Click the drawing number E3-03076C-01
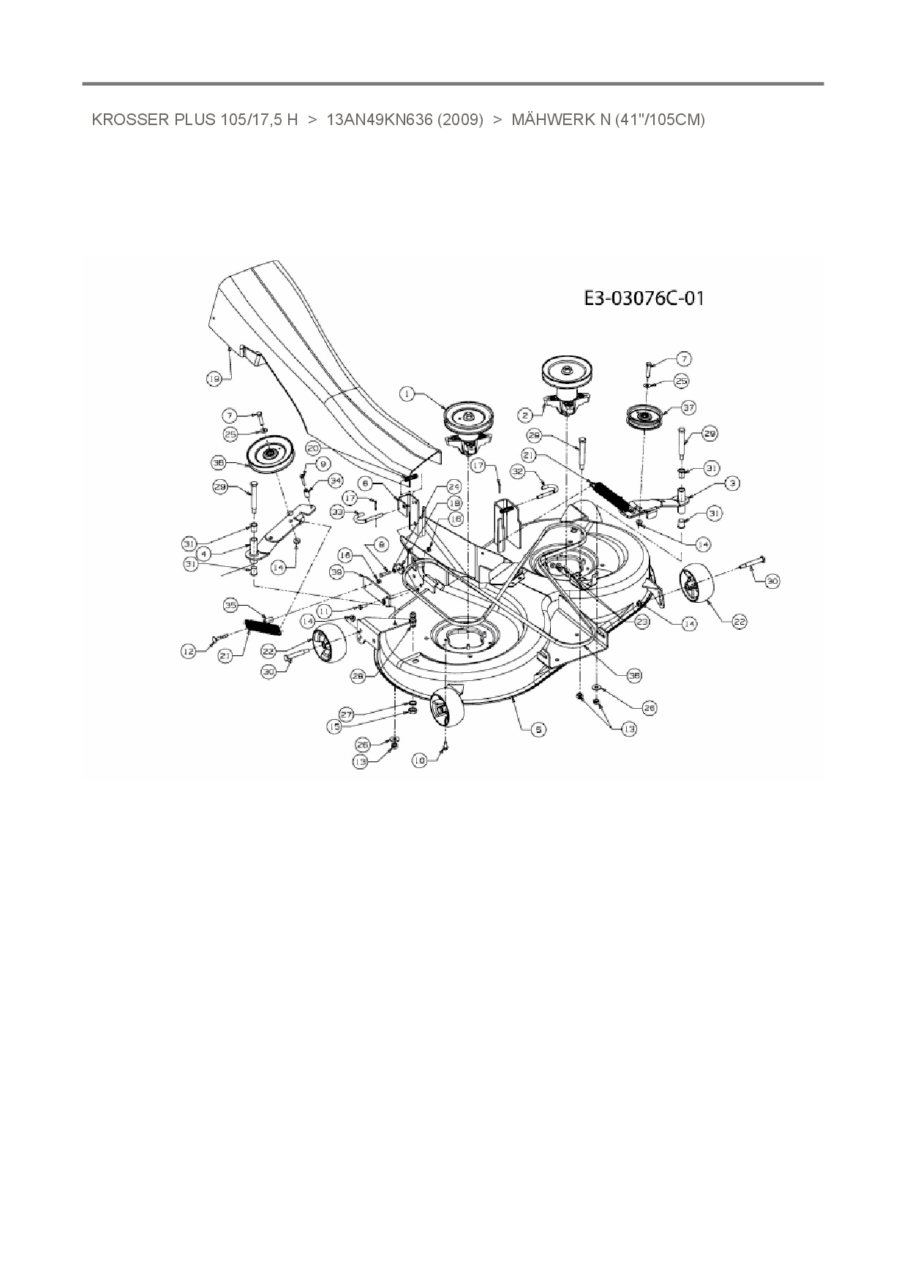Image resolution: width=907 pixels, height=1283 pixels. pyautogui.click(x=644, y=298)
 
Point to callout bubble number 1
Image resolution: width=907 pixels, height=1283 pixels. pyautogui.click(x=407, y=394)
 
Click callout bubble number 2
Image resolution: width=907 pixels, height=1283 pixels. pyautogui.click(x=524, y=415)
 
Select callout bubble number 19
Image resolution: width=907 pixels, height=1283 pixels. pyautogui.click(x=214, y=379)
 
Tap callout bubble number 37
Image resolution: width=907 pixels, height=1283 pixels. pyautogui.click(x=688, y=407)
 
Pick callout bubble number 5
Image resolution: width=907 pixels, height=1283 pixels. pyautogui.click(x=538, y=729)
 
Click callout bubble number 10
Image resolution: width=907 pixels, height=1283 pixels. pyautogui.click(x=419, y=761)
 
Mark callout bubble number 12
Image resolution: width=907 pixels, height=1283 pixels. pyautogui.click(x=189, y=650)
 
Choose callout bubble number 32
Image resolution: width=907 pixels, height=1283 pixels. pyautogui.click(x=518, y=473)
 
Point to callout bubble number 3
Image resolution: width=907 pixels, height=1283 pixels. pyautogui.click(x=732, y=483)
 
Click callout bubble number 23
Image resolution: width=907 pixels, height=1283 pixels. pyautogui.click(x=642, y=621)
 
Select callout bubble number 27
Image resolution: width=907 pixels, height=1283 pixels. pyautogui.click(x=346, y=713)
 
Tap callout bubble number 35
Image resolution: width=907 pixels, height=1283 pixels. pyautogui.click(x=231, y=605)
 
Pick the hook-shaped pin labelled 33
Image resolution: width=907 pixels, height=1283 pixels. pyautogui.click(x=363, y=517)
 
